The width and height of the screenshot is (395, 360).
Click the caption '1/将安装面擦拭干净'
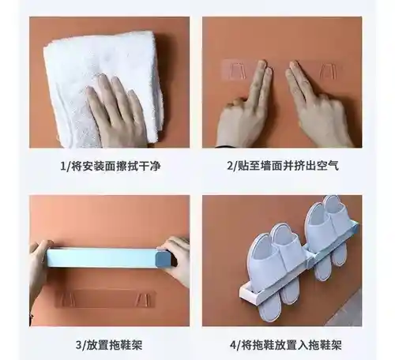[x=111, y=166]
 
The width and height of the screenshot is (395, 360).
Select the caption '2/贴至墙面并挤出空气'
[x=283, y=166]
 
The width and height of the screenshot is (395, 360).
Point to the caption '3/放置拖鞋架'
[x=109, y=344]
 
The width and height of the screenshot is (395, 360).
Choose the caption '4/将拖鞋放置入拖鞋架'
[x=286, y=344]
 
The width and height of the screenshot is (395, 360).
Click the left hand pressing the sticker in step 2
[x=245, y=108]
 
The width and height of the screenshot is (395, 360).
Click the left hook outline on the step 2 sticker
[x=238, y=70]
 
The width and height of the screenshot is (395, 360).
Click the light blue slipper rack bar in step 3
[x=101, y=258]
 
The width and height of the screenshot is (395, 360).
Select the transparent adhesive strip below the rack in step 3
[x=105, y=298]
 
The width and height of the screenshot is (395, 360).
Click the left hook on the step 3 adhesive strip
[x=64, y=298]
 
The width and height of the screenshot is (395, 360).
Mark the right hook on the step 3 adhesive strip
[x=142, y=299]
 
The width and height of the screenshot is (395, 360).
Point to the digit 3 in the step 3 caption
[x=79, y=345]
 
